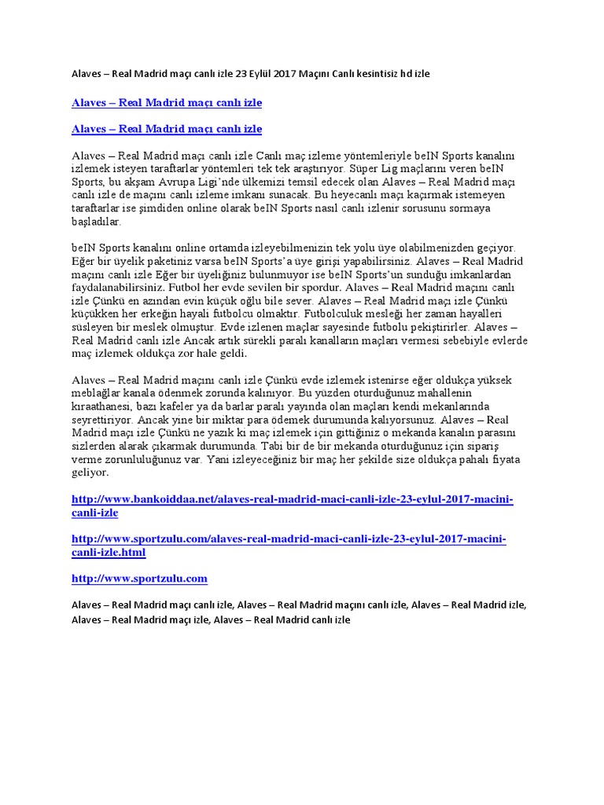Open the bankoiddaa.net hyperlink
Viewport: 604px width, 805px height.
[x=292, y=500]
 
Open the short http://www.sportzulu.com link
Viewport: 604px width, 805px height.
[x=139, y=579]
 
